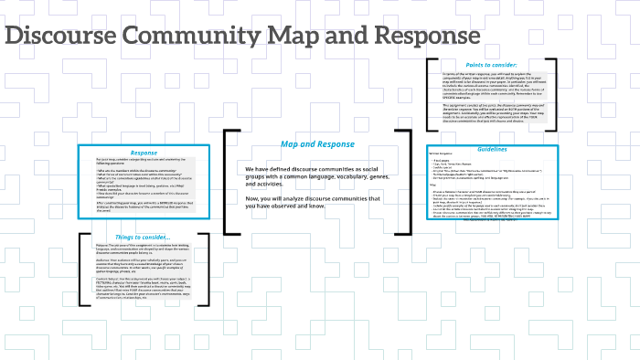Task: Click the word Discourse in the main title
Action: coord(59,37)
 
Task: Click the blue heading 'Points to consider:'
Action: coord(491,65)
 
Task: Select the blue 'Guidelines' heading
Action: coord(491,148)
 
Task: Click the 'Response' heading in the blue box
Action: coord(144,153)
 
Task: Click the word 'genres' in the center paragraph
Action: coord(389,176)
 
